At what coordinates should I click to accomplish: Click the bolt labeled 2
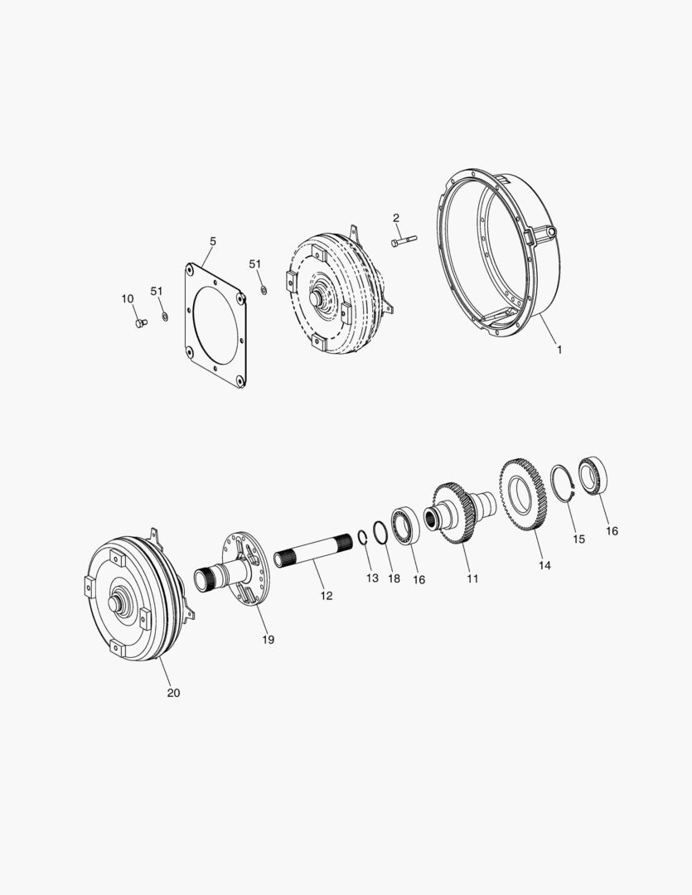pos(402,241)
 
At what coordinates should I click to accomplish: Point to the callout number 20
pos(173,693)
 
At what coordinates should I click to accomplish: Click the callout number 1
pos(559,350)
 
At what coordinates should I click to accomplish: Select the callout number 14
pos(544,565)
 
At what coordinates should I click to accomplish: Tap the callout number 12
pos(327,595)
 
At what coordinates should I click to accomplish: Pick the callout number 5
pos(213,241)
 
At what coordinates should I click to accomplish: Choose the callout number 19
pos(269,639)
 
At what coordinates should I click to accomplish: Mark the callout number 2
pos(396,218)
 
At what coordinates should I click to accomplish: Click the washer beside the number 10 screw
pos(164,317)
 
